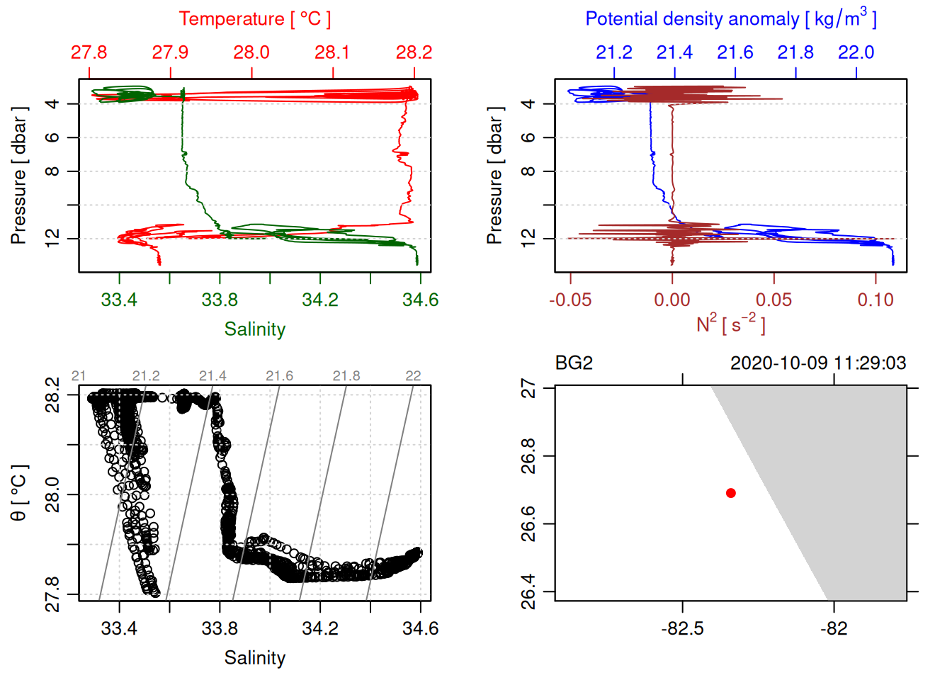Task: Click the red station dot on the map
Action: [x=730, y=493]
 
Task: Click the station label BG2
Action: [x=574, y=363]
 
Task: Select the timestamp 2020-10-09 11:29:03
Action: [x=818, y=363]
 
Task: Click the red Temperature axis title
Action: [x=255, y=19]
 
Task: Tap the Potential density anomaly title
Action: [x=730, y=18]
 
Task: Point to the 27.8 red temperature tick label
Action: [x=89, y=52]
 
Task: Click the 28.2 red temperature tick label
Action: [x=414, y=52]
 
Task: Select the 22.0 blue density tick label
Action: [x=856, y=52]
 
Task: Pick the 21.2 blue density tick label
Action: [x=614, y=52]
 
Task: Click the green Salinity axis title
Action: [x=255, y=329]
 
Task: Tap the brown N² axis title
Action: [x=730, y=324]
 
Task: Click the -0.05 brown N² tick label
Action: [x=570, y=300]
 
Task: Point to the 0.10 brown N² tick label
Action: [x=875, y=300]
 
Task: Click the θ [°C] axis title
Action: [x=19, y=493]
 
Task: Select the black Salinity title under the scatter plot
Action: [x=255, y=658]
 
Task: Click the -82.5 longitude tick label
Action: [x=683, y=629]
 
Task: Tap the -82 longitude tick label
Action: [x=834, y=629]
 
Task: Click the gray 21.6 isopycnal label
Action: [x=279, y=376]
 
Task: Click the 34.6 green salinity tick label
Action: [x=420, y=300]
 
